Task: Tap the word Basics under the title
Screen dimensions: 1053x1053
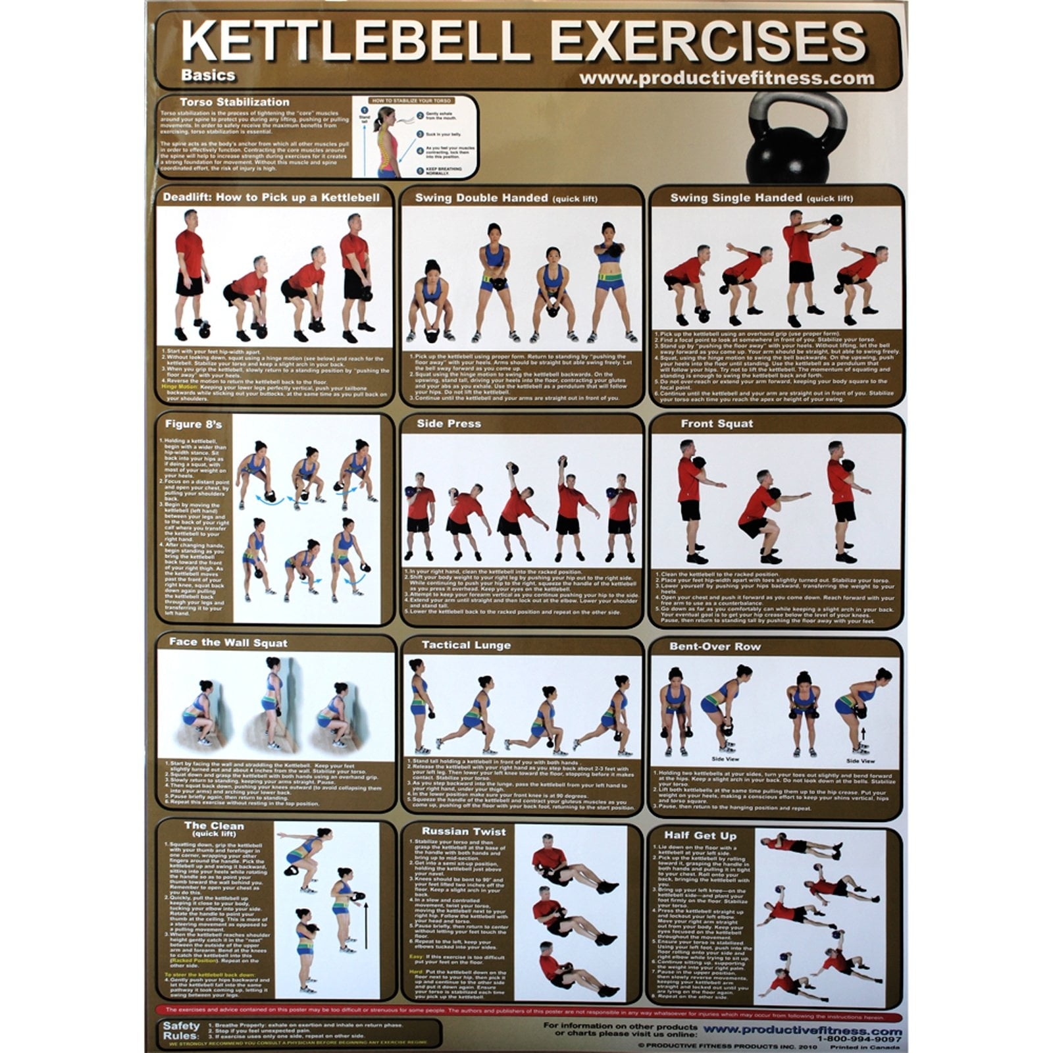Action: coord(208,75)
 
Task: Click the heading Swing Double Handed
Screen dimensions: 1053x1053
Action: coord(481,197)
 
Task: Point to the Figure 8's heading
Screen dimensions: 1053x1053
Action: coord(193,424)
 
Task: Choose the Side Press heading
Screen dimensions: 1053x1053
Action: coord(449,424)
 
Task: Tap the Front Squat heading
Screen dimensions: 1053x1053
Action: coord(717,424)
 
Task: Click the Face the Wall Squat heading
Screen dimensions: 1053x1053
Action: coord(228,642)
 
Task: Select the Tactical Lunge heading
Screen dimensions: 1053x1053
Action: coord(466,645)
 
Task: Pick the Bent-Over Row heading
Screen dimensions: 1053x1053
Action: coord(715,646)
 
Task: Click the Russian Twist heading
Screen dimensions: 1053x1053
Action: coord(464,831)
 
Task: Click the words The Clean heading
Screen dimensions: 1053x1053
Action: coord(214,826)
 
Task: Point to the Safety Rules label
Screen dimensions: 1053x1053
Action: coord(181,1031)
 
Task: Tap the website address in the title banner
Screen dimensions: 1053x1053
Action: coord(727,78)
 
